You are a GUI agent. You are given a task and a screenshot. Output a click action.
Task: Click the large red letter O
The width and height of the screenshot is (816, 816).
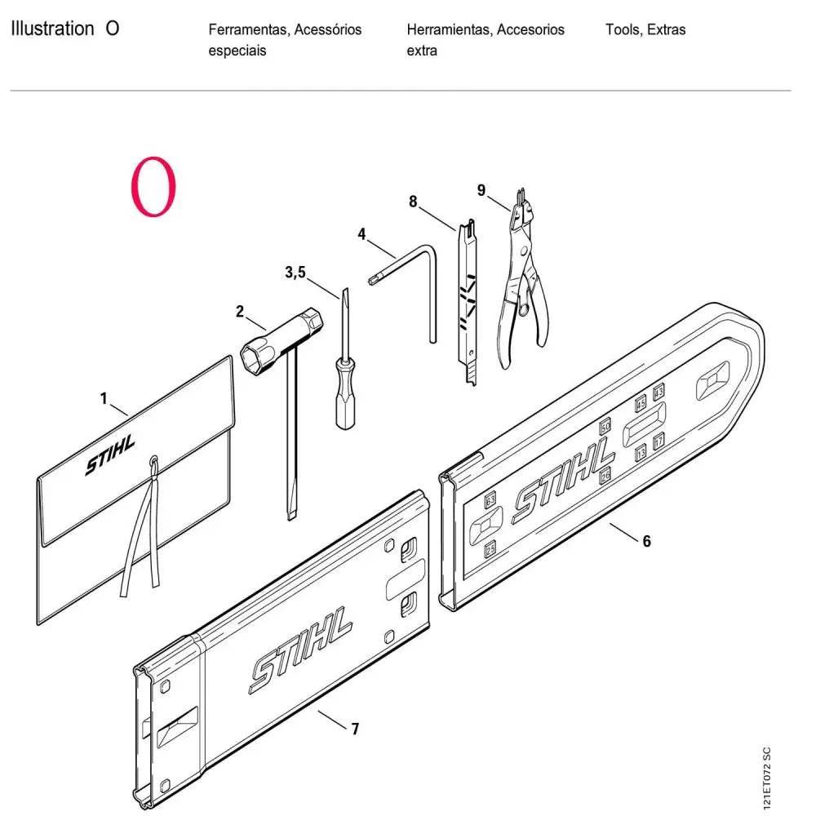coord(153,188)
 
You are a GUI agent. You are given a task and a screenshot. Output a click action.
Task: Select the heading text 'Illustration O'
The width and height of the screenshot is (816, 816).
coord(65,29)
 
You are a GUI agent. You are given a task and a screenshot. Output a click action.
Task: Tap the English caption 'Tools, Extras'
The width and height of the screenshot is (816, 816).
coord(645,30)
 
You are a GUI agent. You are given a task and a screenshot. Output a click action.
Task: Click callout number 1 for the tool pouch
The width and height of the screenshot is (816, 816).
coord(104,398)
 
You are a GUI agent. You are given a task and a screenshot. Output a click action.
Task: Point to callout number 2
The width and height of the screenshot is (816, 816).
coord(240,311)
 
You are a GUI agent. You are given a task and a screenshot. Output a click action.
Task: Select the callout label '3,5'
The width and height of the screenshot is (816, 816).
coord(295,273)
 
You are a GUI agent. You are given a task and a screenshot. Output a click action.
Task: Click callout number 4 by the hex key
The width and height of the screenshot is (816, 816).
coord(361,234)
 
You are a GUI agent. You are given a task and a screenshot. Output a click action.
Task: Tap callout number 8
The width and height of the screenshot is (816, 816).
coord(413,200)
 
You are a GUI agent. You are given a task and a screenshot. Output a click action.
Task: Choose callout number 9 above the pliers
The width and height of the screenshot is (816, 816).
coord(481,190)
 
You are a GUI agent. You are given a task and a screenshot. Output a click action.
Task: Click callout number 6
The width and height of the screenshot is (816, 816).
coord(647,540)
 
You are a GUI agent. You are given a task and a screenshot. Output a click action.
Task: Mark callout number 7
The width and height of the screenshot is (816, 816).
coord(355,729)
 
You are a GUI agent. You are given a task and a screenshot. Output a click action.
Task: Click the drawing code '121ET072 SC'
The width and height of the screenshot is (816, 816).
coord(765,779)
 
